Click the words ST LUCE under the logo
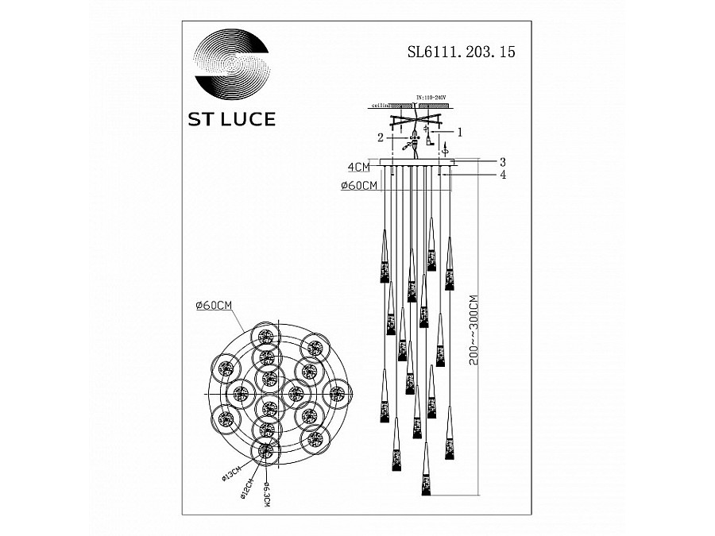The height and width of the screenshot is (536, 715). tap(231, 120)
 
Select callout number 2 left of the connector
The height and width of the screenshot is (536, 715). tap(381, 137)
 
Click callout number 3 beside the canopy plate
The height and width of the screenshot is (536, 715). tap(502, 162)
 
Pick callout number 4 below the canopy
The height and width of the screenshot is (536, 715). tap(502, 175)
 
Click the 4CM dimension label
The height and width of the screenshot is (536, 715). tap(358, 168)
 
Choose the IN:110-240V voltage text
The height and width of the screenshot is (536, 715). tap(431, 98)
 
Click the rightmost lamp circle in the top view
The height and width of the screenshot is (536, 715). tap(338, 391)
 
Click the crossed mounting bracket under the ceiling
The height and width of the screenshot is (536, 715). tap(418, 123)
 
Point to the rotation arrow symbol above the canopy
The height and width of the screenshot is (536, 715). tap(445, 148)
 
